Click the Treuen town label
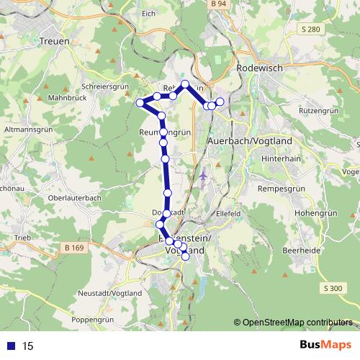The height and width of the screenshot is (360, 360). (55, 42)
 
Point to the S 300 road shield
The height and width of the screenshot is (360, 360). (333, 288)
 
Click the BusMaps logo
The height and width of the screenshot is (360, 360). (327, 346)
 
